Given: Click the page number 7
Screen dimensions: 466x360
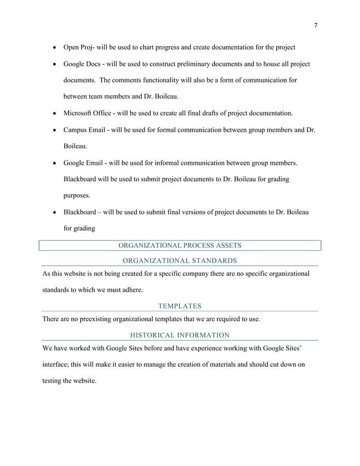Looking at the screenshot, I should pos(315,25).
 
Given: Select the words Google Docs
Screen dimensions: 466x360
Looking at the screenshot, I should pos(82,64).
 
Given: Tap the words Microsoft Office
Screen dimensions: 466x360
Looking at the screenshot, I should pos(89,113).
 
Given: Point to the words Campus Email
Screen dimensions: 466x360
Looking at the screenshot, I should pos(85,130).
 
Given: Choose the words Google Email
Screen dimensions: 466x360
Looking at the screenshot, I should pos(84,164).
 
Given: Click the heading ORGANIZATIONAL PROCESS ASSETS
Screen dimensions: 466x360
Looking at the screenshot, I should pos(180,245).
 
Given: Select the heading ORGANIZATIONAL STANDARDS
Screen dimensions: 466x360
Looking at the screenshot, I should pos(180,261).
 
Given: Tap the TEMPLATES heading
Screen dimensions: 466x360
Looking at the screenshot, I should pos(180,306).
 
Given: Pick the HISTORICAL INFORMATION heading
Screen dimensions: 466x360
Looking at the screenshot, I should pos(180,335).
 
